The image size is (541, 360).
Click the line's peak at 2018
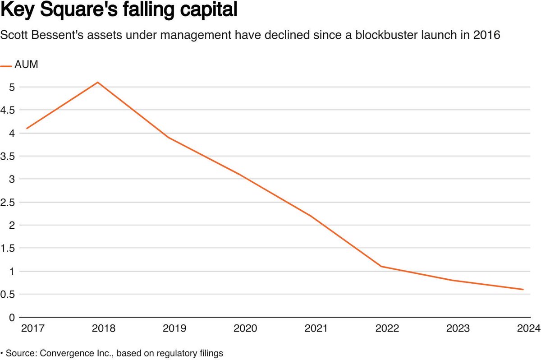pyautogui.click(x=98, y=82)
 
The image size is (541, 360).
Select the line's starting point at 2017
pyautogui.click(x=27, y=129)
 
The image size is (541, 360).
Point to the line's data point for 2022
pyautogui.click(x=382, y=266)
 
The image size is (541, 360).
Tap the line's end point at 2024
pyautogui.click(x=523, y=290)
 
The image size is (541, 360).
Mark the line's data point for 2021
pyautogui.click(x=311, y=216)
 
